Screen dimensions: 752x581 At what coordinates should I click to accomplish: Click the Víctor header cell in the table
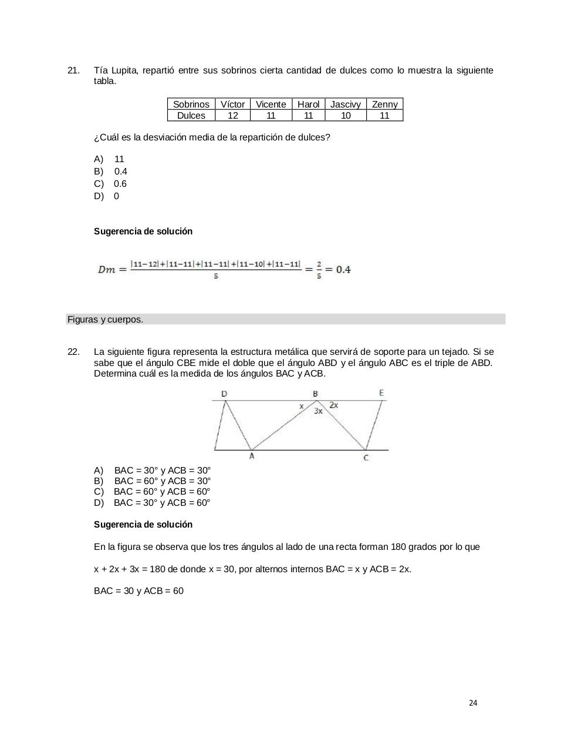point(232,104)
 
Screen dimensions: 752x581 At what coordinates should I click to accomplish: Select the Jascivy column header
point(345,104)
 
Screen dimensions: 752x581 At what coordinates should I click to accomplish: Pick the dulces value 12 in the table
point(232,115)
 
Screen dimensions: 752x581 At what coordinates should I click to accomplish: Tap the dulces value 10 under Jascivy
point(346,115)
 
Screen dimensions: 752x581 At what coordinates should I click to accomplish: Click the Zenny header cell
point(384,104)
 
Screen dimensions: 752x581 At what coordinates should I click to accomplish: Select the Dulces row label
point(191,115)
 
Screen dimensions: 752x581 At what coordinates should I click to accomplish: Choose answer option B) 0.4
point(111,171)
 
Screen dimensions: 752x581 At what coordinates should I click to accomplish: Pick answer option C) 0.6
point(110,183)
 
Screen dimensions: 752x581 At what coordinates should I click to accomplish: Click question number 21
point(73,70)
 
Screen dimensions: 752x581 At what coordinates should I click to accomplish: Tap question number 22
point(73,352)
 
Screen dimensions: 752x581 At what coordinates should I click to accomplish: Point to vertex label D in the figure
point(224,394)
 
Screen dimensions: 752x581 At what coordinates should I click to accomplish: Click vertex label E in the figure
point(382,393)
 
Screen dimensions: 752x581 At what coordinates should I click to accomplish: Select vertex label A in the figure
point(252,456)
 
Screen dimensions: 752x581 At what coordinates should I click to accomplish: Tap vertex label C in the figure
point(366,458)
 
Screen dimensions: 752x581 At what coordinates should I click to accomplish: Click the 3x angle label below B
point(318,411)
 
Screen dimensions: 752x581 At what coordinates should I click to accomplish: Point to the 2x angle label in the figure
point(333,405)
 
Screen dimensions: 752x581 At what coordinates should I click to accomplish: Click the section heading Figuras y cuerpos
point(106,320)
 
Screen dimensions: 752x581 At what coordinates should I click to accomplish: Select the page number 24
point(474,703)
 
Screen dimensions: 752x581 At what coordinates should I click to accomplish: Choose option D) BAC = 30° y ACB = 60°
point(152,503)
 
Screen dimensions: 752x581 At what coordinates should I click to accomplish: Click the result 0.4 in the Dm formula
point(343,270)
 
